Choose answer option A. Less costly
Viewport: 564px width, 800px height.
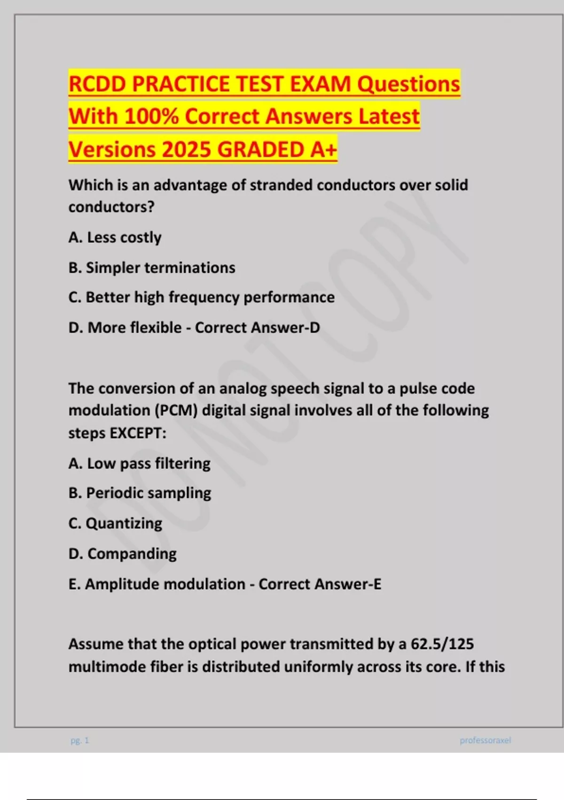[x=115, y=238]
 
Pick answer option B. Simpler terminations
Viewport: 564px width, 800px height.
[x=152, y=268]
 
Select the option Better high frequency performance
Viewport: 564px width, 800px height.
[x=210, y=297]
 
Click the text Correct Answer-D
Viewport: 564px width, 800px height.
[x=257, y=328]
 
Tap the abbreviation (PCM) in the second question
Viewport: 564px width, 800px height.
[x=176, y=410]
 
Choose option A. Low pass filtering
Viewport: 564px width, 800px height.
[x=140, y=464]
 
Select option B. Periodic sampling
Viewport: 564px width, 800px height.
[x=140, y=493]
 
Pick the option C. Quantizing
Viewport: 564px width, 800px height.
[x=115, y=523]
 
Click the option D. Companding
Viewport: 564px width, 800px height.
[x=123, y=554]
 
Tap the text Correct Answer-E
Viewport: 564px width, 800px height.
[x=320, y=584]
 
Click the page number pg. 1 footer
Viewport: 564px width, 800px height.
[x=79, y=740]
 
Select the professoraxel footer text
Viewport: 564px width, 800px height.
[x=485, y=740]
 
